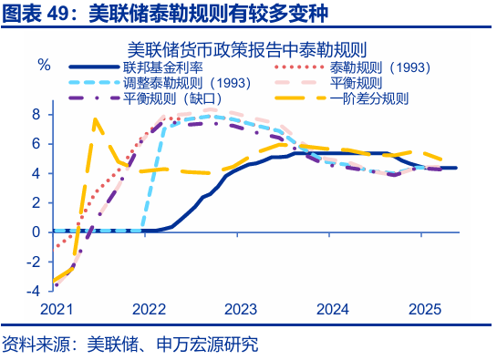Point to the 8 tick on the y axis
click(x=36, y=114)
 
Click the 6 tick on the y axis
click(x=36, y=143)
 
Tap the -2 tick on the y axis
click(x=33, y=262)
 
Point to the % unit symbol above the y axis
click(x=43, y=65)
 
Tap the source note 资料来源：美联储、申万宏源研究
click(x=129, y=345)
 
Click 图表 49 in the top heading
click(x=31, y=13)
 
